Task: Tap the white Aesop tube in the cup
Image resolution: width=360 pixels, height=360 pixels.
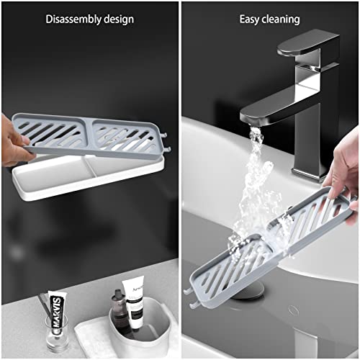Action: tap(133, 302)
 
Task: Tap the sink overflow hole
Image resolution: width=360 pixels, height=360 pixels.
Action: tap(293, 310)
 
